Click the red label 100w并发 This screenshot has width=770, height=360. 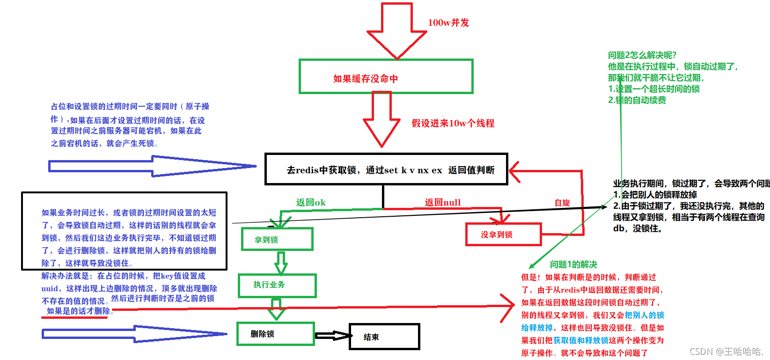click(448, 22)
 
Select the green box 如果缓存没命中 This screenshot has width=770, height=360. click(386, 76)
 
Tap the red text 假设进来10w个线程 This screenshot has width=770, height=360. click(453, 123)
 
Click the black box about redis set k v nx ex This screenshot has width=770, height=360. click(386, 169)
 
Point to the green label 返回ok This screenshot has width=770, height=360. click(310, 202)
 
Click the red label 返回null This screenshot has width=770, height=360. click(442, 202)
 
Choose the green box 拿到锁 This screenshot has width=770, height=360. click(277, 239)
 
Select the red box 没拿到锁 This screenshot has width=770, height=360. click(503, 234)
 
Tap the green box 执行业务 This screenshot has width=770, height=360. click(277, 285)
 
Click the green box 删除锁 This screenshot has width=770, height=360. click(275, 334)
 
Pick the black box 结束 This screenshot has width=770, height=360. click(384, 337)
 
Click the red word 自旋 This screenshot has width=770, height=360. click(562, 203)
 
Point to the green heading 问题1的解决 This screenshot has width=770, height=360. click(573, 264)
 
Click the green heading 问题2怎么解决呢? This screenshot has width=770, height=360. click(642, 55)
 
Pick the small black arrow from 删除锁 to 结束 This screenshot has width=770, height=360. click(332, 336)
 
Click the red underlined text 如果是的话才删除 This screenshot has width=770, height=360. click(78, 311)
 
